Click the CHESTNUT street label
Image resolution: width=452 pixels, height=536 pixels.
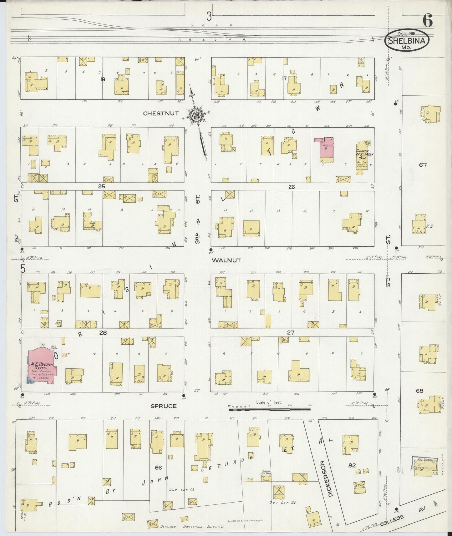pyautogui.click(x=161, y=114)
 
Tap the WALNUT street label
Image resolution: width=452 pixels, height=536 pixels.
pyautogui.click(x=226, y=260)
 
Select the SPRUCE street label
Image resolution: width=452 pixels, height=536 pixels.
pyautogui.click(x=164, y=406)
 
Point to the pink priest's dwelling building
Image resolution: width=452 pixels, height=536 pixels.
pyautogui.click(x=324, y=147)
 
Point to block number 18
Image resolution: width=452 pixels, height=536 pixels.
pyautogui.click(x=103, y=79)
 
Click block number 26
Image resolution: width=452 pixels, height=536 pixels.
pyautogui.click(x=292, y=187)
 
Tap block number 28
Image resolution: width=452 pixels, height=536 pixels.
pyautogui.click(x=103, y=333)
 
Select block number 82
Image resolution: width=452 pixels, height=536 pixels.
pyautogui.click(x=352, y=465)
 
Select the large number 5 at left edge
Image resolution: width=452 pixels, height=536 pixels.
pyautogui.click(x=23, y=269)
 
